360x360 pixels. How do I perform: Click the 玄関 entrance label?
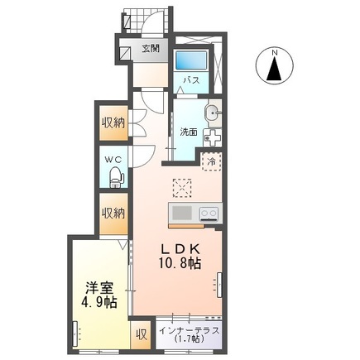[x=150, y=49]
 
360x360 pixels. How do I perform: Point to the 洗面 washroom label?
[x=187, y=132]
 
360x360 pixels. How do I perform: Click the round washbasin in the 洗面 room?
[x=212, y=113]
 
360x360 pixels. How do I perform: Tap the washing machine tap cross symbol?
[x=212, y=138]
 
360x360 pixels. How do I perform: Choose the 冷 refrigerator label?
[x=212, y=161]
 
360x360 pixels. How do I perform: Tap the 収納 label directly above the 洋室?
[x=113, y=213]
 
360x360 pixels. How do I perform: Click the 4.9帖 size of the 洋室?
[x=100, y=304]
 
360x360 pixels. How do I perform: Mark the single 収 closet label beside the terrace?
[x=142, y=335]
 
